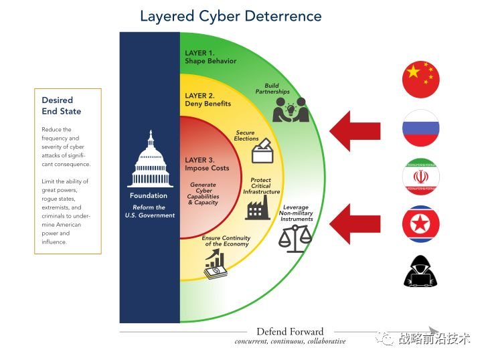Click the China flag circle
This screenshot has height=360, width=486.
click(x=420, y=80)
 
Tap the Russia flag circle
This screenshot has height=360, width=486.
click(x=420, y=128)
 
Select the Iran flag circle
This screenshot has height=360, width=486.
click(x=420, y=177)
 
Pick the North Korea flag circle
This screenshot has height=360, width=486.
click(x=420, y=224)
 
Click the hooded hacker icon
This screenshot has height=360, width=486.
click(x=420, y=271)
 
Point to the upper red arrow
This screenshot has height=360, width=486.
click(x=355, y=131)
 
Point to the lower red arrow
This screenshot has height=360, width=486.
click(x=355, y=224)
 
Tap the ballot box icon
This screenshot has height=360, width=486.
click(x=262, y=151)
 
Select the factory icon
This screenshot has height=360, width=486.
click(x=258, y=208)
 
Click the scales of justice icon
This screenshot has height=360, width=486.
click(x=295, y=239)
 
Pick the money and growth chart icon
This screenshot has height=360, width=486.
click(x=216, y=265)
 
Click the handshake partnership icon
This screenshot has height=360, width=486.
click(x=291, y=110)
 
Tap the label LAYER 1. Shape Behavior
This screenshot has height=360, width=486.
click(x=210, y=57)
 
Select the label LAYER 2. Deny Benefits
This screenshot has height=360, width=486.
click(x=208, y=100)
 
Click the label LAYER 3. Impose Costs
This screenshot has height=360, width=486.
click(x=207, y=164)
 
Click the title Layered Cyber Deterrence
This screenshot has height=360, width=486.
click(x=231, y=16)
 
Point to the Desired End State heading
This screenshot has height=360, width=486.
click(x=62, y=106)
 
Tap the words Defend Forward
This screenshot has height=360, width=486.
click(x=290, y=331)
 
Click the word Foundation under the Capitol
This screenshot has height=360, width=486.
click(x=149, y=195)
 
